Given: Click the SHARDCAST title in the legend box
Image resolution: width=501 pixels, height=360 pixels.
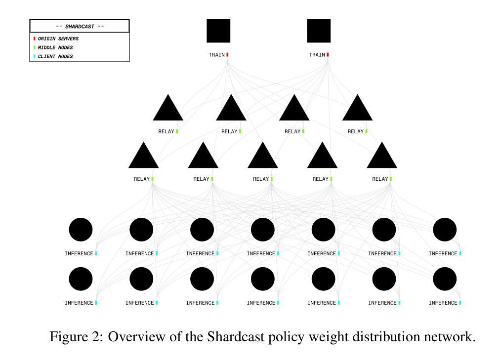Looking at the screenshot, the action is pyautogui.click(x=80, y=27).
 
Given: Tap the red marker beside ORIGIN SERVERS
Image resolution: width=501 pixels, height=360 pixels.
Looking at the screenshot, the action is pyautogui.click(x=35, y=39).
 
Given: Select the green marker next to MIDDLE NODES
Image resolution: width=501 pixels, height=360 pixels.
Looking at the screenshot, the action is pyautogui.click(x=35, y=47).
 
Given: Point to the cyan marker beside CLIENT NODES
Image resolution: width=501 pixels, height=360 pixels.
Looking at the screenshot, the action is pyautogui.click(x=35, y=56).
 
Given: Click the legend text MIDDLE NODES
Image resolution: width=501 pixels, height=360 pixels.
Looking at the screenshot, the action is pyautogui.click(x=55, y=47).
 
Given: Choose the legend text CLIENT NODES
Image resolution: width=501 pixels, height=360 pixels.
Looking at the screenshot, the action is pyautogui.click(x=55, y=56).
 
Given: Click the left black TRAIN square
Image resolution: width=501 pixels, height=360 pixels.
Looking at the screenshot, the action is pyautogui.click(x=218, y=31).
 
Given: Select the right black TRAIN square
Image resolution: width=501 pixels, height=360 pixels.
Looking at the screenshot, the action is pyautogui.click(x=319, y=31).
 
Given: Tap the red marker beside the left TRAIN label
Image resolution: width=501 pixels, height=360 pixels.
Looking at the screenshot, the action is pyautogui.click(x=227, y=55).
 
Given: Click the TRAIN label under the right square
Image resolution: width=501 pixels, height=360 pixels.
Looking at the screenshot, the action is pyautogui.click(x=317, y=55).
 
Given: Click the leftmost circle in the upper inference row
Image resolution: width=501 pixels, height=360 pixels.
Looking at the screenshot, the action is pyautogui.click(x=81, y=230).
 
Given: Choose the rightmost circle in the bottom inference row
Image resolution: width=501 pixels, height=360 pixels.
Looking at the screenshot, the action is pyautogui.click(x=445, y=279).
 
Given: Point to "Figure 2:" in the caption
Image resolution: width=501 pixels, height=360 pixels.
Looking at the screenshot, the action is pyautogui.click(x=77, y=337).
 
